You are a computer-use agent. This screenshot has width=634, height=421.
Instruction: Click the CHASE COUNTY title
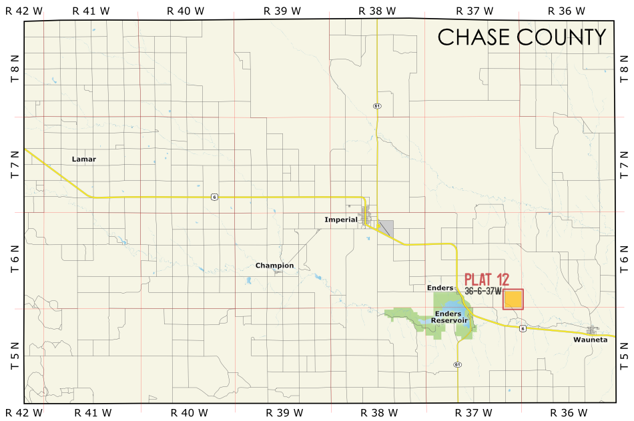pos(521,37)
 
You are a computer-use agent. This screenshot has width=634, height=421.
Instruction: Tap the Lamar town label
pos(84,159)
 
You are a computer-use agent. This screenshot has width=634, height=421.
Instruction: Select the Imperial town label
pos(341,220)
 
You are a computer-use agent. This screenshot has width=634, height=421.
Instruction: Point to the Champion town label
pos(274,266)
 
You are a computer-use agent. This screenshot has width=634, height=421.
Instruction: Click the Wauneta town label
pos(590,340)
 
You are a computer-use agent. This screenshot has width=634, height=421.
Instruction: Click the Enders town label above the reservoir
pos(440,288)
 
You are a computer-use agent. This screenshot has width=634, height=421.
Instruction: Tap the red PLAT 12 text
pos(487,279)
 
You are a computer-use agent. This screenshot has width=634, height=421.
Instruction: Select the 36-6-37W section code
pos(483,291)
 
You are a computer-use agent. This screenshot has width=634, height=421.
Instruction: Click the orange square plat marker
pos(513,299)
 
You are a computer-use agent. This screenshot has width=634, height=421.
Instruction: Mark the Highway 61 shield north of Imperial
pos(377,106)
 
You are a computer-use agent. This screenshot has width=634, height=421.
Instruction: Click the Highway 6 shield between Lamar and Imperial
pos(214,196)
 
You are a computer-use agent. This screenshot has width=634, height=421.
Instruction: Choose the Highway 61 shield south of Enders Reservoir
pos(457,364)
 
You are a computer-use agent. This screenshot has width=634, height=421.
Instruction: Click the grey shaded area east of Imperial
pos(386,228)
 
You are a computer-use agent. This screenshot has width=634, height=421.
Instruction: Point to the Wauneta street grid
pos(593,330)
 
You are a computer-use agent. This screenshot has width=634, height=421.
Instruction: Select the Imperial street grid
pos(366,216)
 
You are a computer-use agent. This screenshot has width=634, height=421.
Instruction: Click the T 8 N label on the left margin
pos(15,69)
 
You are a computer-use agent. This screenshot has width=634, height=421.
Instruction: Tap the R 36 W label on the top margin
pos(566,11)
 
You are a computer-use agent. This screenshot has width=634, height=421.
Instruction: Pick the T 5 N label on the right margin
pos(624,356)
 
